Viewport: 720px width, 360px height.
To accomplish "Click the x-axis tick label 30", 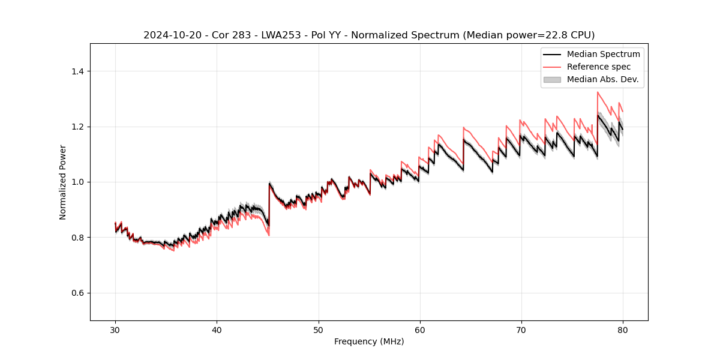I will [x=115, y=329].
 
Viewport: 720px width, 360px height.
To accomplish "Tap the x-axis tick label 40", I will [x=217, y=329].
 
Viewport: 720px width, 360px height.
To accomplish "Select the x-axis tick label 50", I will [x=318, y=329].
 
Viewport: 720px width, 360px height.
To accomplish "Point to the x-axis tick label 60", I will [x=419, y=329].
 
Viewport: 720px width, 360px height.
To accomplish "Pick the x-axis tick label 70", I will [x=521, y=329].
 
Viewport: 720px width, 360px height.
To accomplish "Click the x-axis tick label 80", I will [x=622, y=329].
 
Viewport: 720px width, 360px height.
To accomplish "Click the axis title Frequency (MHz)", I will [x=369, y=341].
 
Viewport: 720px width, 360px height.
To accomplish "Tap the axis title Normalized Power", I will [x=63, y=182].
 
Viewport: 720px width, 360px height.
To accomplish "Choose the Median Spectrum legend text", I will [x=603, y=54].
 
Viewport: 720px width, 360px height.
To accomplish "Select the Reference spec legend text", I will [x=599, y=67].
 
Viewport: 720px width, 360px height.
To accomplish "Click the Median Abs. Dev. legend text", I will [x=602, y=79].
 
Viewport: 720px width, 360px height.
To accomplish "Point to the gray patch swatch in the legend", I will [x=552, y=79].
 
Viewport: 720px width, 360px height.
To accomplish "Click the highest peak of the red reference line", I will [x=598, y=92].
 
